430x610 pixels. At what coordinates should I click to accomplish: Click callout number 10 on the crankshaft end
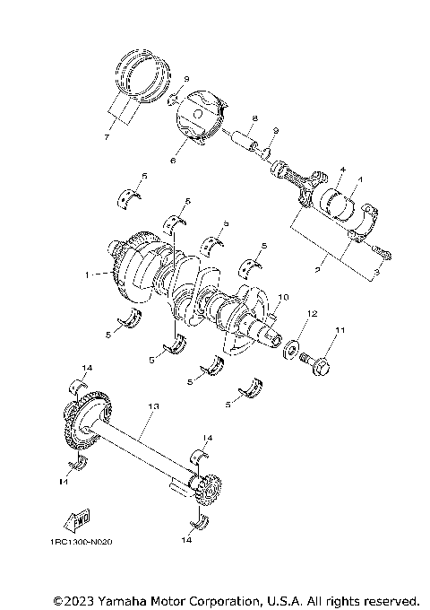point(283,297)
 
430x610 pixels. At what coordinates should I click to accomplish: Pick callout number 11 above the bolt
point(340,331)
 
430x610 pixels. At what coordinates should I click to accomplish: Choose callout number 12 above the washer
point(313,314)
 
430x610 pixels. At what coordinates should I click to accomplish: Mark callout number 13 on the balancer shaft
point(153,406)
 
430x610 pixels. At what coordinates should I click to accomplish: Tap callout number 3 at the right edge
point(376,269)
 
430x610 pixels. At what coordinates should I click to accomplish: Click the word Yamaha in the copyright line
point(118,599)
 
